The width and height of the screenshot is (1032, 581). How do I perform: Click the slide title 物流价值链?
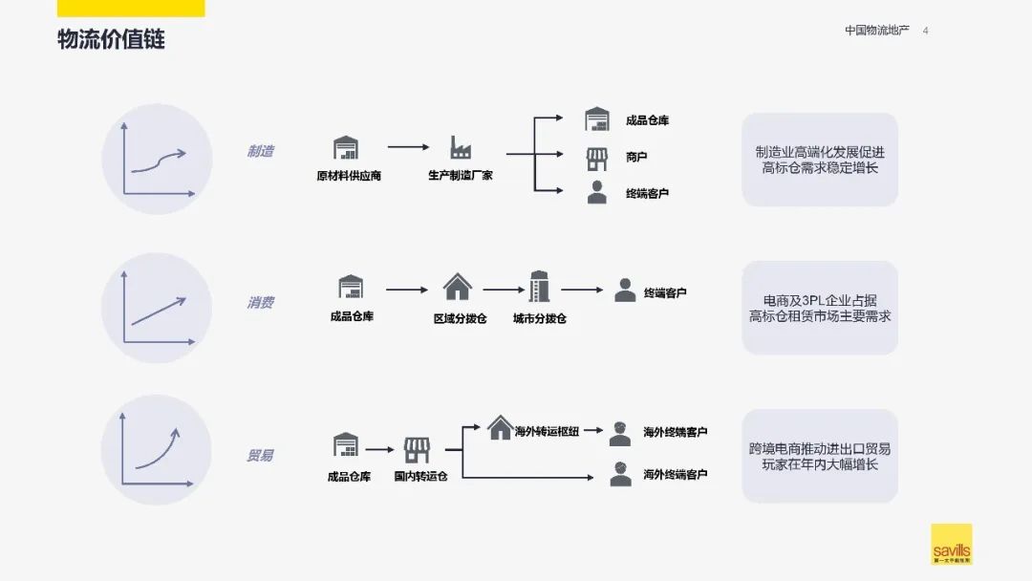click(x=111, y=40)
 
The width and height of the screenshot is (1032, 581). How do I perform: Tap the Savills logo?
click(x=951, y=544)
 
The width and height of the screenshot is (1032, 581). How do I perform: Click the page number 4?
click(x=925, y=31)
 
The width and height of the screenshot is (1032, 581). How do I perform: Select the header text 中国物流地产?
click(x=876, y=31)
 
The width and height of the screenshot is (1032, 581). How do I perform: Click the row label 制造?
click(x=260, y=151)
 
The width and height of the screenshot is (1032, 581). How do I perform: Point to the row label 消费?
click(x=260, y=303)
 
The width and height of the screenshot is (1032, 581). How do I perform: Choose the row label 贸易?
click(x=260, y=456)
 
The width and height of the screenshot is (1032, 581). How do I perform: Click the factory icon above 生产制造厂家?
click(x=461, y=148)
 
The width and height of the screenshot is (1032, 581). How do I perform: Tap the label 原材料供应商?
click(x=349, y=176)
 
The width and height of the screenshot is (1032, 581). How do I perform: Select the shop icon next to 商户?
click(x=597, y=157)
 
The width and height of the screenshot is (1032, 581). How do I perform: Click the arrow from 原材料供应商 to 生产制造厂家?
click(x=408, y=147)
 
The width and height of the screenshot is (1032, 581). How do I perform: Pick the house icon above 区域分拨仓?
click(x=458, y=287)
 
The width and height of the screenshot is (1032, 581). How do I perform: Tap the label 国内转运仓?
click(x=420, y=476)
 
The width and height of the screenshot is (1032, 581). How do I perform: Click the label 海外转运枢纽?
click(x=547, y=432)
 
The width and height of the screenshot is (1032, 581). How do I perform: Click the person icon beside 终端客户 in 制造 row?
click(x=597, y=192)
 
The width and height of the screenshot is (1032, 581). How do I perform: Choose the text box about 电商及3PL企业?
click(x=820, y=308)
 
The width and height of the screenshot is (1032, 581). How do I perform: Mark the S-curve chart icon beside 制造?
click(x=157, y=159)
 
